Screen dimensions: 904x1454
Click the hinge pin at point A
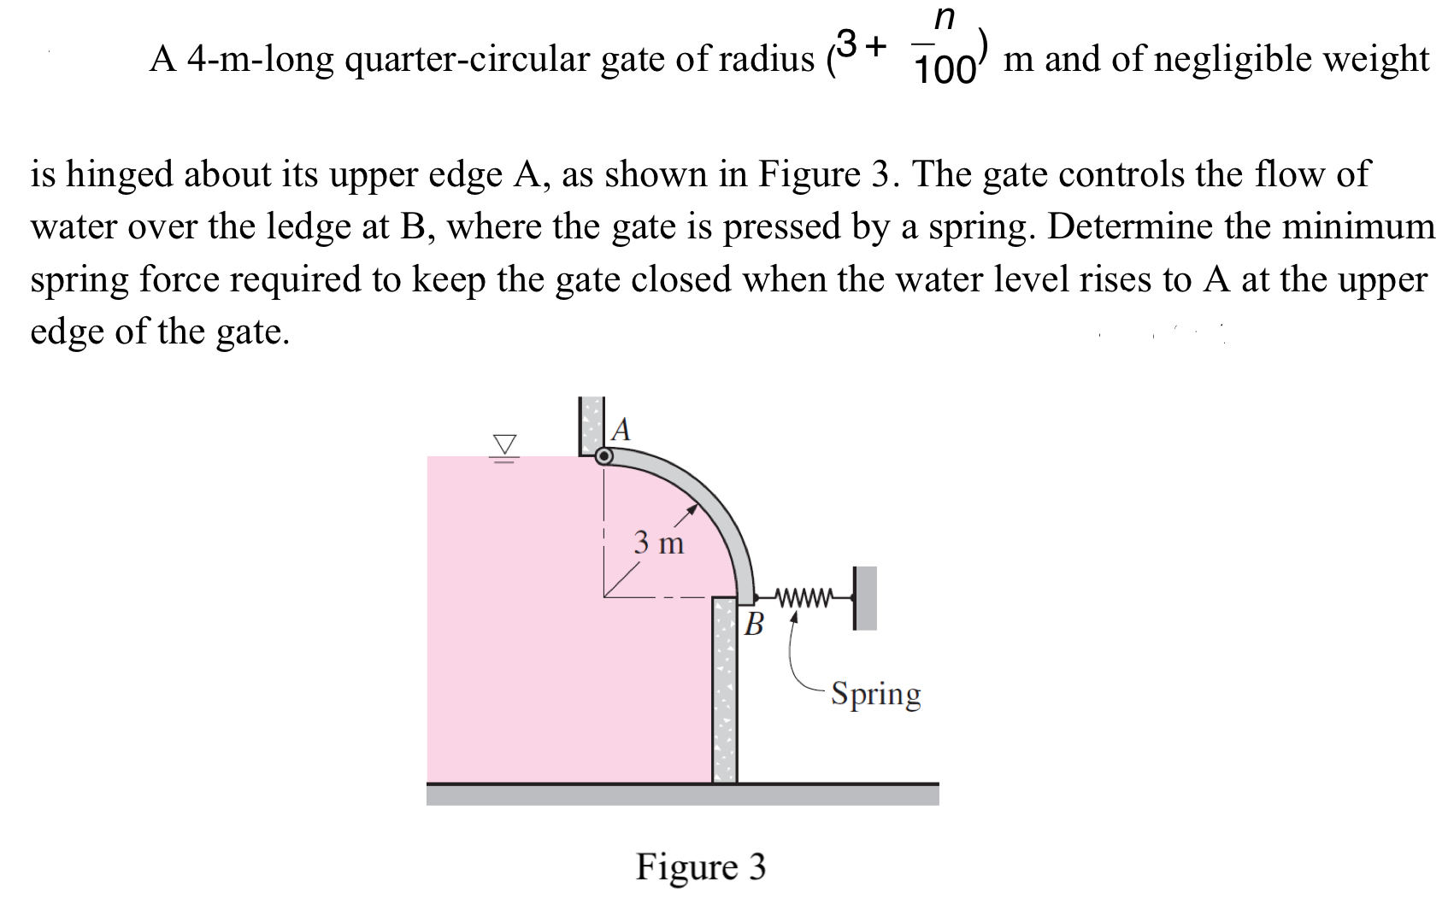(604, 456)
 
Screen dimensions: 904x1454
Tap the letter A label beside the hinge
(622, 429)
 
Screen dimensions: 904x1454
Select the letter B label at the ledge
(753, 624)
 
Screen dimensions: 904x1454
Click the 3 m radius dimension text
(659, 543)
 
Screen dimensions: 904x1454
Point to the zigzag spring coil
(804, 597)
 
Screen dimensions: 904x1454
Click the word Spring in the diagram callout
(876, 694)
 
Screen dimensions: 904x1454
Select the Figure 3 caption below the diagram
(701, 866)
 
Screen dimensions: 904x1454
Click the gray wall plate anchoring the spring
(866, 597)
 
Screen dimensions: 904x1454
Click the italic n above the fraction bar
(944, 17)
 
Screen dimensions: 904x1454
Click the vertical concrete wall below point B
(725, 692)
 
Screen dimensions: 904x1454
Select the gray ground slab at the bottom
(682, 795)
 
